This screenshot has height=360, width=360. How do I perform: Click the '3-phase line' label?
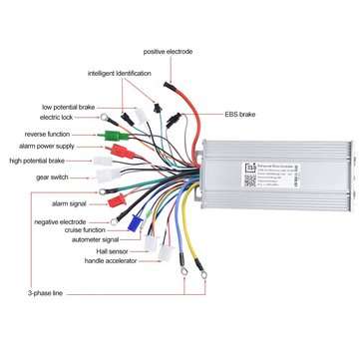46,295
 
